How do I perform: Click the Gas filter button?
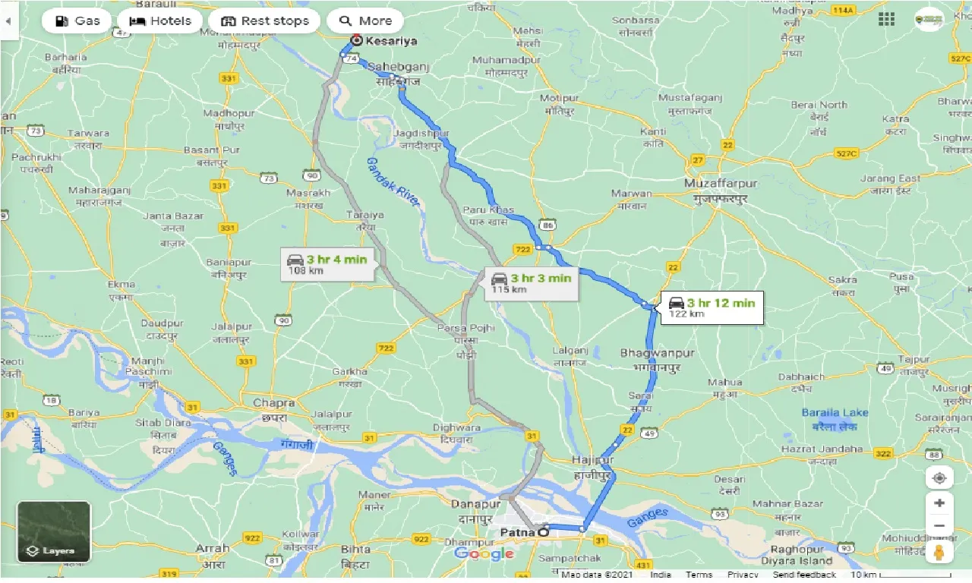click(77, 20)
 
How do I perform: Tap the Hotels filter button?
click(160, 20)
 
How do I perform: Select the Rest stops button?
click(264, 20)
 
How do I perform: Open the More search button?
click(366, 20)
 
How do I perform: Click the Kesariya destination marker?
click(356, 40)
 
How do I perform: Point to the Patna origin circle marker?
click(542, 532)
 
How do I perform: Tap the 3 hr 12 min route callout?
click(712, 307)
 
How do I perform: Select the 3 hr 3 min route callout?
click(531, 282)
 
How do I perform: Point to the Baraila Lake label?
click(835, 412)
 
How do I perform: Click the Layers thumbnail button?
click(54, 531)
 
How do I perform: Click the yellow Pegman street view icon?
click(939, 552)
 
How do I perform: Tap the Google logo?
click(484, 553)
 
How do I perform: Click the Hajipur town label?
click(593, 460)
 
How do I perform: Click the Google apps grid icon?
click(885, 20)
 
